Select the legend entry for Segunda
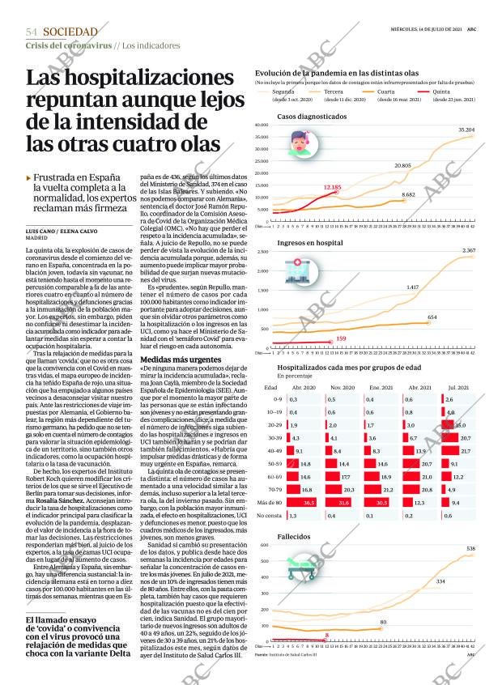click(283, 92)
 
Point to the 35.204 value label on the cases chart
click(466, 130)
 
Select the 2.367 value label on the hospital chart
click(468, 251)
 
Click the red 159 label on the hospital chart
click(341, 338)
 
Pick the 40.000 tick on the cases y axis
click(261, 126)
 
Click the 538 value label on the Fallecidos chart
click(470, 549)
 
